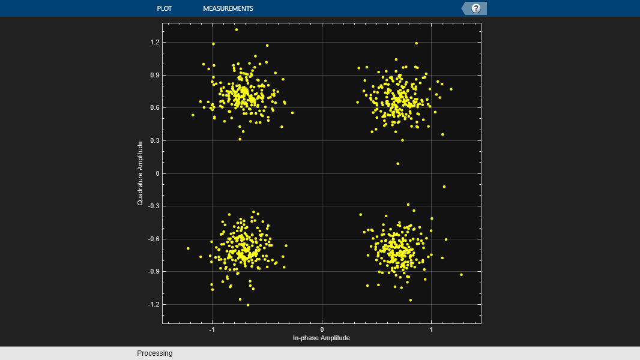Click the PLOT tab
(164, 8)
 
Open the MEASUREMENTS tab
(228, 8)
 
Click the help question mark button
(476, 8)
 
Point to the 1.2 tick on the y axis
(155, 43)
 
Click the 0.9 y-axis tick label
(155, 76)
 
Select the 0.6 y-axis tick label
(155, 108)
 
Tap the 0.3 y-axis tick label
(155, 141)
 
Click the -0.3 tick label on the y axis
(154, 206)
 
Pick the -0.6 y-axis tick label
(154, 239)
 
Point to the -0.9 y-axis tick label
(154, 272)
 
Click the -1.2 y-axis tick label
(154, 304)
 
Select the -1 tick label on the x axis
(211, 330)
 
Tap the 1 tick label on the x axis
(431, 330)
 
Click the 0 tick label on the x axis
(322, 330)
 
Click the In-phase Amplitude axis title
(321, 338)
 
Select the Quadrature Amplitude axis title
(140, 173)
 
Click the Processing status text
(154, 353)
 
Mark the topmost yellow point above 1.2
(237, 29)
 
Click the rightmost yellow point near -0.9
(461, 275)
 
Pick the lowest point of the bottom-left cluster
(248, 305)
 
